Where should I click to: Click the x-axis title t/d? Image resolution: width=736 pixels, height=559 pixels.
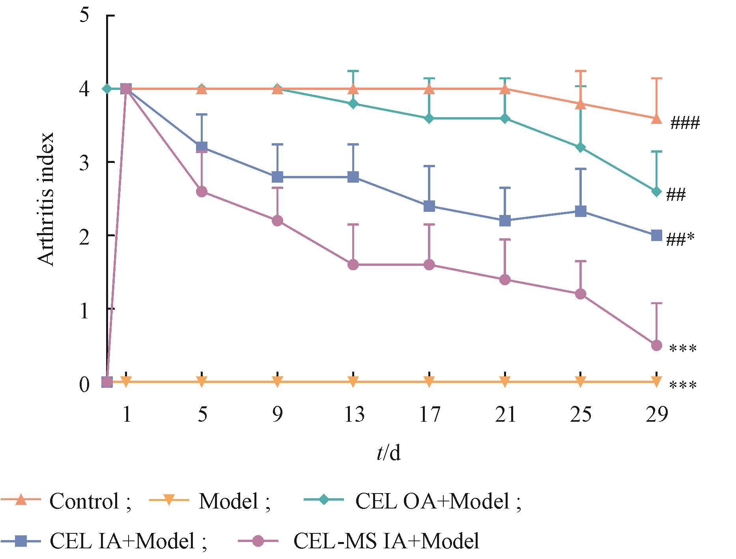388,454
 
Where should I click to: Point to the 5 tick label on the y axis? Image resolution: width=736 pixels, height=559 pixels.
84,17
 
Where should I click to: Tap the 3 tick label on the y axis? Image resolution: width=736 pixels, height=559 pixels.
84,163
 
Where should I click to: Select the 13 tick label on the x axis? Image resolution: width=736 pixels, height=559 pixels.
353,415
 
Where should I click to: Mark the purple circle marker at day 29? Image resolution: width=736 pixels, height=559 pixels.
656,346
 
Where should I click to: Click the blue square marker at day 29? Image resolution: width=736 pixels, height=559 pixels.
656,236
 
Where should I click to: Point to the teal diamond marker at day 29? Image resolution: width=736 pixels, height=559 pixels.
656,192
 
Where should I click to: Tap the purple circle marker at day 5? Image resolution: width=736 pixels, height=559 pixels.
202,192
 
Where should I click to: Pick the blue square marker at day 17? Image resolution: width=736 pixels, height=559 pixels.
429,206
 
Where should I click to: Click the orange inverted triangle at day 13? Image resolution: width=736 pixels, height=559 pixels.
353,381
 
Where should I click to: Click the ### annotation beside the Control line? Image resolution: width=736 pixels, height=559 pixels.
685,124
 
